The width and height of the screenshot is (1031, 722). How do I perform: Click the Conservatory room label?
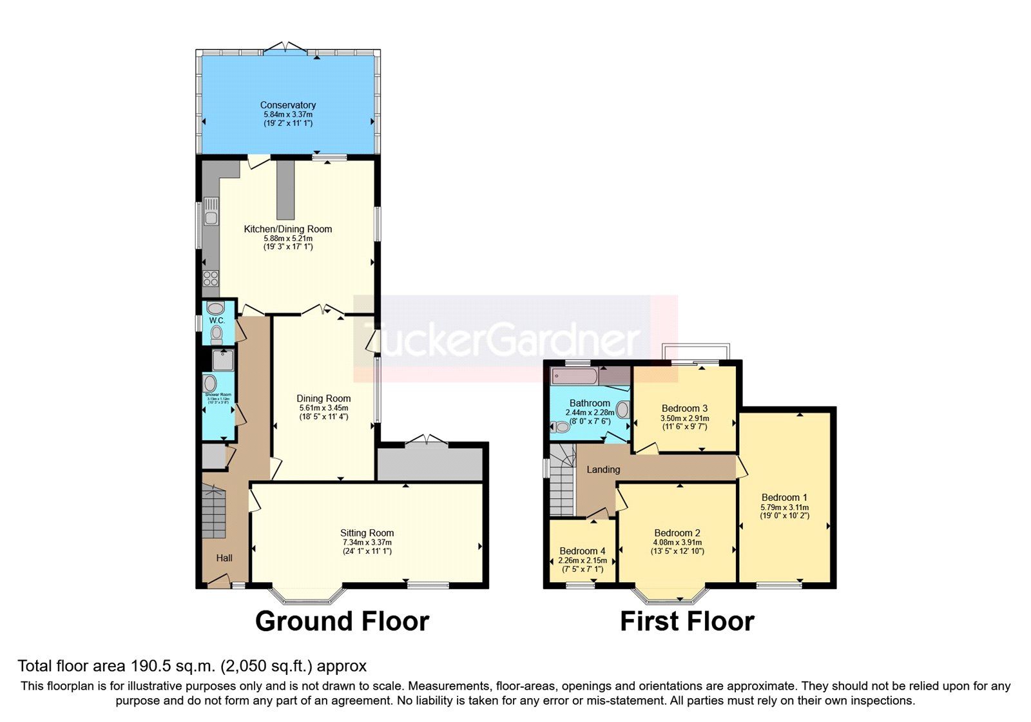point(287,105)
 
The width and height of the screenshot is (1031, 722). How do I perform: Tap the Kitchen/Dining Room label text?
point(287,229)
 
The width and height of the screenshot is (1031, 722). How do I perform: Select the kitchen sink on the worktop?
point(211,211)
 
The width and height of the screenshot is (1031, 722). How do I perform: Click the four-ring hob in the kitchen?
point(211,278)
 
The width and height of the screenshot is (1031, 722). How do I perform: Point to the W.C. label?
point(217,320)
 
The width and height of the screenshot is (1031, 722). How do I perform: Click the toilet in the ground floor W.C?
point(217,334)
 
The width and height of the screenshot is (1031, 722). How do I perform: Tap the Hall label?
point(224,558)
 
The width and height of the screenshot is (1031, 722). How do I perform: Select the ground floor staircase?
point(213,512)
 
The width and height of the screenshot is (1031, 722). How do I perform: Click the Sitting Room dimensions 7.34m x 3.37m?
point(367,542)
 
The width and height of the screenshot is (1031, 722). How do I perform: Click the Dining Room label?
point(323,398)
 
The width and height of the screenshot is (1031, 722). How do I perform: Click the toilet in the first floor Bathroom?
point(561,427)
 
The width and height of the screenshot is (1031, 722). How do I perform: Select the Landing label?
point(603,469)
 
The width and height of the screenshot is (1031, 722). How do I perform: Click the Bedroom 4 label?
point(582,551)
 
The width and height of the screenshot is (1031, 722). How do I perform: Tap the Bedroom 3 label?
point(684,408)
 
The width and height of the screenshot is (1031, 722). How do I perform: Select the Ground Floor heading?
point(342,621)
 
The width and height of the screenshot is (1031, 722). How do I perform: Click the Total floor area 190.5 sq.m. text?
point(192,666)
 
